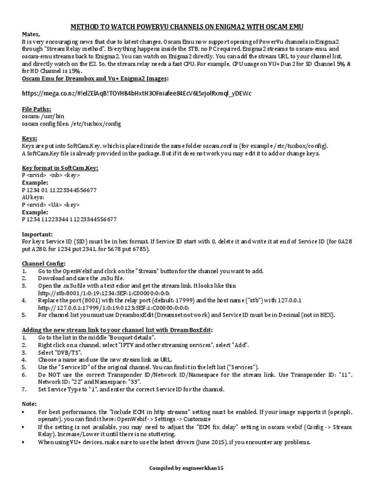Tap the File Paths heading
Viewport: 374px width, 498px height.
pyautogui.click(x=37, y=109)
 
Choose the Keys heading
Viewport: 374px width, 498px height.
pyautogui.click(x=30, y=139)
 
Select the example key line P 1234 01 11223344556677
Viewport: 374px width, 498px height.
pyautogui.click(x=59, y=190)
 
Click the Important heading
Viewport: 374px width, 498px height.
pyautogui.click(x=38, y=234)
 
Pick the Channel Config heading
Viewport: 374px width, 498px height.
pyautogui.click(x=44, y=263)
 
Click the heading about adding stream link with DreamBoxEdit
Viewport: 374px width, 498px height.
pyautogui.click(x=117, y=330)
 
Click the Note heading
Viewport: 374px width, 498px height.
pyautogui.click(x=29, y=404)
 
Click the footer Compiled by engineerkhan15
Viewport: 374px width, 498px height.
pyautogui.click(x=187, y=468)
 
